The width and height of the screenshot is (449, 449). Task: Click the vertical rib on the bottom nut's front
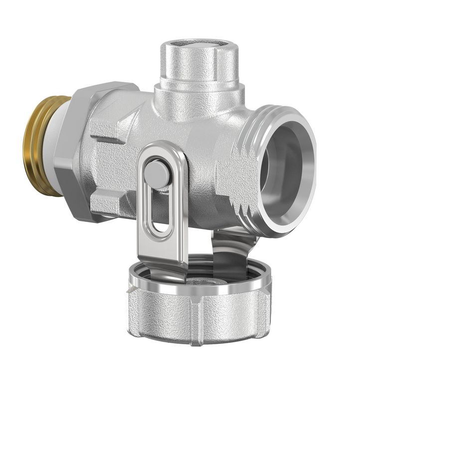[200, 324]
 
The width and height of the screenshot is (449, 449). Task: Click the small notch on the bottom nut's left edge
[131, 289]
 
